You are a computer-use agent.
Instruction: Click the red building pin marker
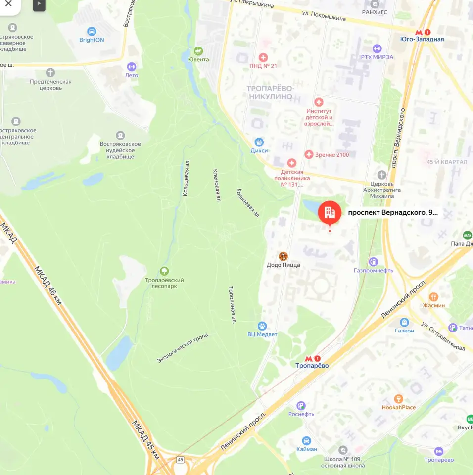click(330, 213)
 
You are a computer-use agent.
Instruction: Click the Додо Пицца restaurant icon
click(283, 256)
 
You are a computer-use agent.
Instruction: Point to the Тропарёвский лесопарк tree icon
click(164, 271)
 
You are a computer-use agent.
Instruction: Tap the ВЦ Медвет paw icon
click(262, 326)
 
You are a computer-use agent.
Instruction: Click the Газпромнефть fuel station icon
click(374, 262)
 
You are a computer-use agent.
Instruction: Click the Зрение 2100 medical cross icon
click(309, 155)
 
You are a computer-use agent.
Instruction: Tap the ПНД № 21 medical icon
click(263, 58)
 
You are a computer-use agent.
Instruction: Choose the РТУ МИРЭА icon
click(377, 48)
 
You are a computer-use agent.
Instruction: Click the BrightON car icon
click(92, 32)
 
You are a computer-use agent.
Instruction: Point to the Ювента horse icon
click(198, 51)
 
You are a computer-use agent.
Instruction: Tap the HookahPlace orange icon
click(398, 399)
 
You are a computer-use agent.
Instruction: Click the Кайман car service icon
click(306, 440)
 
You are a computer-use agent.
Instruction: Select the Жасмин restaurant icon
click(433, 297)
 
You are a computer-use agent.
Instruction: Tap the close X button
click(8, 4)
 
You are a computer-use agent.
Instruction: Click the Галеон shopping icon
click(404, 322)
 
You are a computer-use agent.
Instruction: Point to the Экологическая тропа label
click(183, 348)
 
